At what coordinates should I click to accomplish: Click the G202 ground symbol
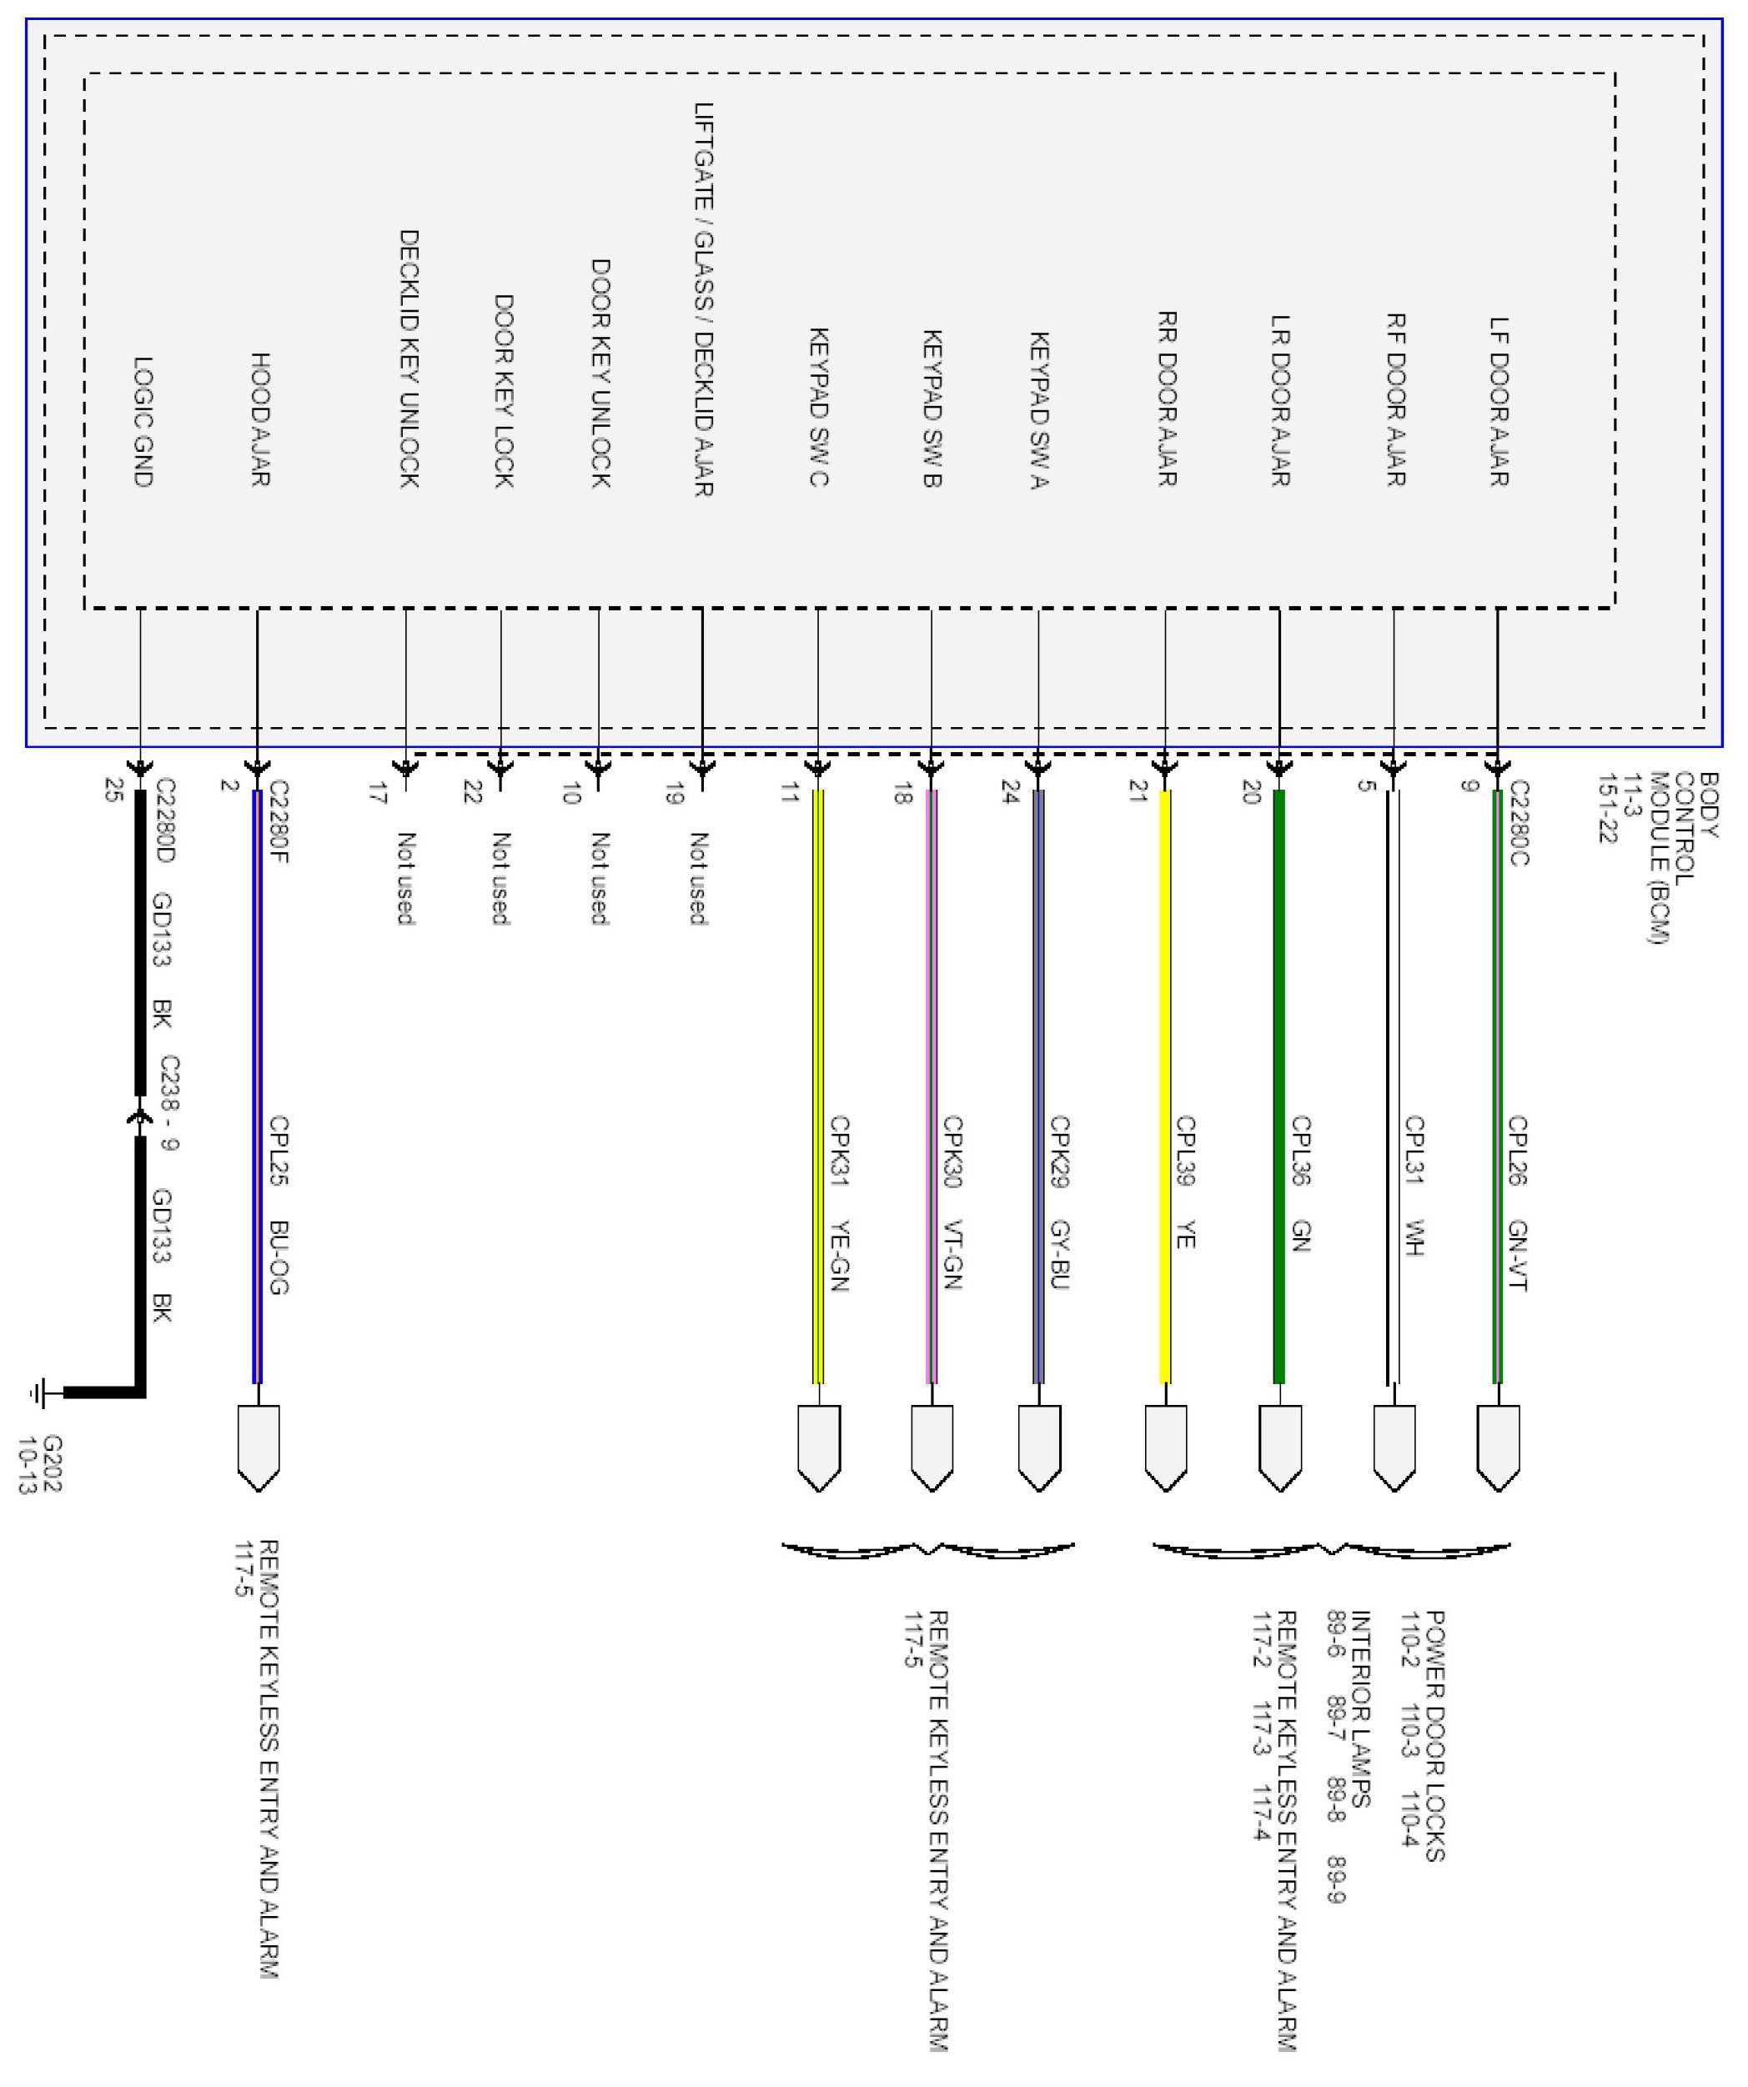click(41, 1393)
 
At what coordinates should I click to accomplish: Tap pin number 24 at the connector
click(1010, 792)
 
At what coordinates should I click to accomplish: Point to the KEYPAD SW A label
click(1039, 410)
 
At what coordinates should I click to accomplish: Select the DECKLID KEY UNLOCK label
click(409, 359)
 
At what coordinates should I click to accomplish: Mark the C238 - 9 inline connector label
click(170, 1102)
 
